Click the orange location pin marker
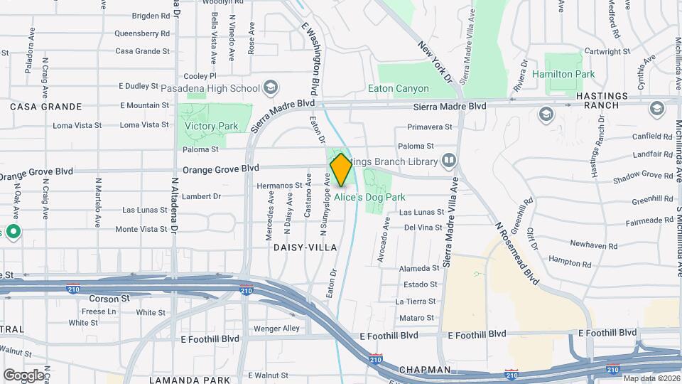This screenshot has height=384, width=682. click(x=341, y=170)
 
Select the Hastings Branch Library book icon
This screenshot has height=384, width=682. click(x=448, y=161)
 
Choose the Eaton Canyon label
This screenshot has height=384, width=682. click(x=399, y=89)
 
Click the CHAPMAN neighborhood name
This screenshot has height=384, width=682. click(x=425, y=370)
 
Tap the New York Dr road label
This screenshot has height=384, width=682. click(x=435, y=61)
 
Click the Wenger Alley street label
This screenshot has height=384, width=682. click(x=277, y=329)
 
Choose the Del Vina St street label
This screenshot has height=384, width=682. click(x=423, y=228)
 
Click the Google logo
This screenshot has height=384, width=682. click(x=23, y=375)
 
